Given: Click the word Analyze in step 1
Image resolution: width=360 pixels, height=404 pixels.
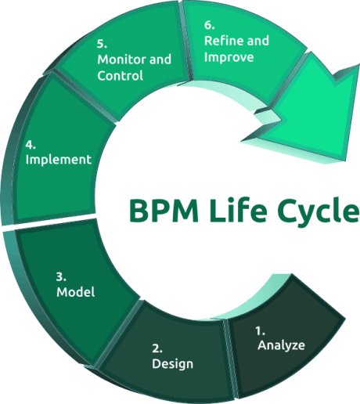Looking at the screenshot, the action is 281,345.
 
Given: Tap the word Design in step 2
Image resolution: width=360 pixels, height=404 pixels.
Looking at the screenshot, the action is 172,364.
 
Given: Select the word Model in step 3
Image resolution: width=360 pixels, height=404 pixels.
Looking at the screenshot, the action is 76,292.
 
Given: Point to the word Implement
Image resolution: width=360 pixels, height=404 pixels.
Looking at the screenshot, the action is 59,160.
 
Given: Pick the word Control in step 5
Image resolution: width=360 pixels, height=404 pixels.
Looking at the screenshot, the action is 121,76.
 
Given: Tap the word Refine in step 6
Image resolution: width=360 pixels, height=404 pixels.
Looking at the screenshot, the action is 224,41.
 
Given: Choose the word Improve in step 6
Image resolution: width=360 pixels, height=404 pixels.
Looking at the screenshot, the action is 229,57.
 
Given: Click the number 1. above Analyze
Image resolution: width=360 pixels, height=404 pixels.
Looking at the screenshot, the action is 261,330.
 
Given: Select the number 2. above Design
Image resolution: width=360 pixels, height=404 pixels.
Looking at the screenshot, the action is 157,348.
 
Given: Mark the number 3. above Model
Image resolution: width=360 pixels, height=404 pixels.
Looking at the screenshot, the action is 61,277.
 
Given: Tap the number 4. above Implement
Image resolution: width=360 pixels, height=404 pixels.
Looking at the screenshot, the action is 31,145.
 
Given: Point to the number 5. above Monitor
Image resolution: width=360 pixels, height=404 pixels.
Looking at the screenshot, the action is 102,44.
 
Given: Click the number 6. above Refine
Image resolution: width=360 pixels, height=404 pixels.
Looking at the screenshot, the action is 209,25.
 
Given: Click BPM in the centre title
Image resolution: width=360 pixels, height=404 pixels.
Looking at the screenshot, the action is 164,211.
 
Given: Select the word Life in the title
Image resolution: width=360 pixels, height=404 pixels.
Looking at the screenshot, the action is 238,210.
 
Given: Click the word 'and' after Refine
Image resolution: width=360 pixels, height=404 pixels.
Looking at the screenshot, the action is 258,41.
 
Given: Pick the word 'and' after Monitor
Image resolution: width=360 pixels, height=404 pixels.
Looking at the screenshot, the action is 160,60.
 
